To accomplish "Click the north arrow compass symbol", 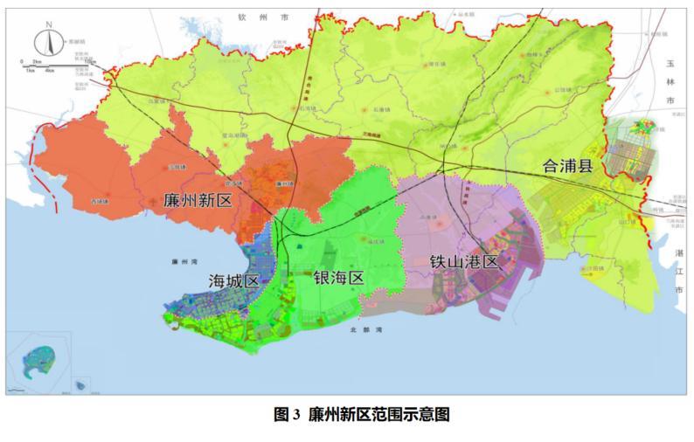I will click(50, 42).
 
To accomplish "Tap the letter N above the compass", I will click(50, 24).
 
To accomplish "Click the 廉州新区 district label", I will click(197, 200).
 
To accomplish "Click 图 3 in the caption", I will click(288, 417).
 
